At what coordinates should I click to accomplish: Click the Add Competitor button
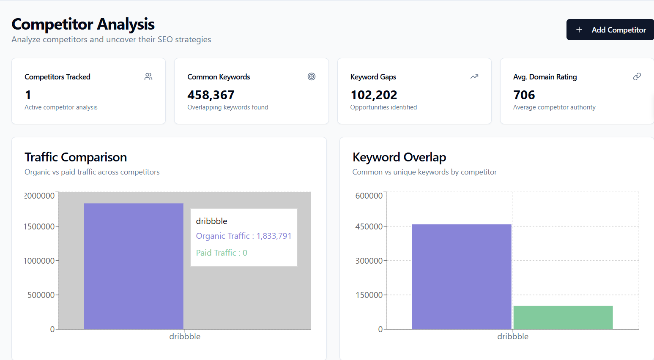click(x=610, y=30)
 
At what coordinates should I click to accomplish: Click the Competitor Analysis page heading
click(x=83, y=24)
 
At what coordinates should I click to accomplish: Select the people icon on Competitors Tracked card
click(x=148, y=76)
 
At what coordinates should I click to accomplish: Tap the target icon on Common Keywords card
click(x=312, y=76)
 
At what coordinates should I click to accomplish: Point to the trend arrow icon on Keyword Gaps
click(x=474, y=76)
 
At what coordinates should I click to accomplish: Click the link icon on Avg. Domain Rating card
click(x=637, y=76)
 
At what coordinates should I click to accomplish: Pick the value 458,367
click(x=211, y=95)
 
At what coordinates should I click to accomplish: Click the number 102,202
click(x=374, y=95)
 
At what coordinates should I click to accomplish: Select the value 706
click(x=524, y=95)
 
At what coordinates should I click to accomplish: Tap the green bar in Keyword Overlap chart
click(x=563, y=317)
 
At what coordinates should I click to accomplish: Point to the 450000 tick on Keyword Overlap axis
click(x=369, y=226)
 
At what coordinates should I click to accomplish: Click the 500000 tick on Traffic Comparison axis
click(x=41, y=295)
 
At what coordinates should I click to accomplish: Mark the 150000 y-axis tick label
click(x=369, y=295)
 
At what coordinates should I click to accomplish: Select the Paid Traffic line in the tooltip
click(x=222, y=253)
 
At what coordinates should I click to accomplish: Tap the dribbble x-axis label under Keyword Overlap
click(x=513, y=336)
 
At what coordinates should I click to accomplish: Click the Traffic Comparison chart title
click(x=76, y=157)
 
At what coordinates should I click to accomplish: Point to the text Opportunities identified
click(x=383, y=107)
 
